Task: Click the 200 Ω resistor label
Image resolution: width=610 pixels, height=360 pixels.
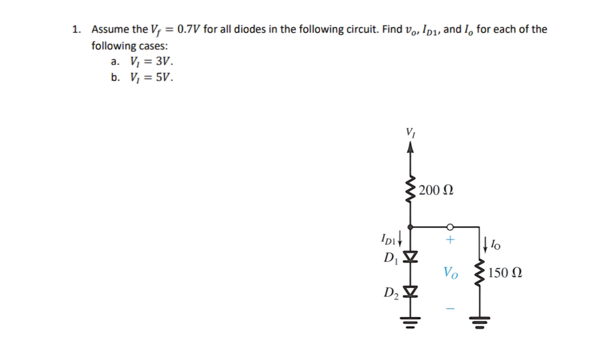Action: click(x=436, y=190)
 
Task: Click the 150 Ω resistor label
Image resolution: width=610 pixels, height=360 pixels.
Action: click(x=505, y=273)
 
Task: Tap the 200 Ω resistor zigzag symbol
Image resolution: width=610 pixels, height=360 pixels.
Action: click(x=410, y=189)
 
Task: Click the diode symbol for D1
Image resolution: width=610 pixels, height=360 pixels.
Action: click(x=410, y=256)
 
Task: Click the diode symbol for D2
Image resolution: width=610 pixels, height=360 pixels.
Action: click(x=410, y=291)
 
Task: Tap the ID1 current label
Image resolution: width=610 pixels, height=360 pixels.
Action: click(x=388, y=239)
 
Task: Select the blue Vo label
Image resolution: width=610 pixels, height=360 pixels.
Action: click(x=451, y=273)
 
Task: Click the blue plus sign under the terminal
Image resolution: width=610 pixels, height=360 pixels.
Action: click(x=450, y=239)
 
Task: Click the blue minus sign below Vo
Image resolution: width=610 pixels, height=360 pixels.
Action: click(x=450, y=309)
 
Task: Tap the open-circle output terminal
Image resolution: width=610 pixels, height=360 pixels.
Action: click(x=450, y=227)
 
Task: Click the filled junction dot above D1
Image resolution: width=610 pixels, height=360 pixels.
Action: click(x=410, y=227)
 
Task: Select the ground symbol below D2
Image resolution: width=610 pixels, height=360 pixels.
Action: click(x=410, y=322)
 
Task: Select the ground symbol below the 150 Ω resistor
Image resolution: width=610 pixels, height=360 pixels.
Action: click(x=480, y=322)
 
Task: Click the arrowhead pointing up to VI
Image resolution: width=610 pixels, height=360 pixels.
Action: click(x=410, y=147)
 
